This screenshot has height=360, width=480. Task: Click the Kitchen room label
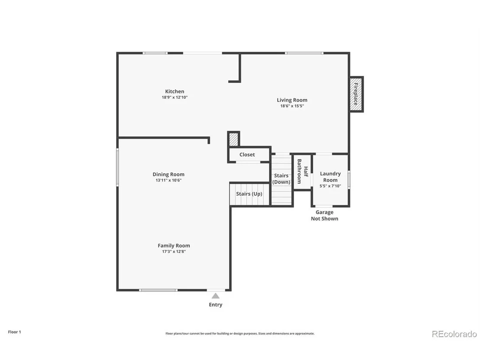tap(175, 91)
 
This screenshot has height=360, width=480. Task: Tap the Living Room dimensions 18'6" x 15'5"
tap(292, 106)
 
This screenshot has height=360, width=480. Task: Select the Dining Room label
tap(169, 174)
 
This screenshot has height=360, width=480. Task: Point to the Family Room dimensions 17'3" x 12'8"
tap(174, 252)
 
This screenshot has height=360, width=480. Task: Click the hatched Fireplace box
tap(357, 94)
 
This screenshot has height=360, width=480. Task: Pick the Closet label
tap(247, 155)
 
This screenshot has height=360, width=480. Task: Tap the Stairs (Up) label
tap(249, 194)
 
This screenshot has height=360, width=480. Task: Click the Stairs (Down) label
tap(281, 179)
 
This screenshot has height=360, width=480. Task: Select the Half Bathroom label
tap(302, 171)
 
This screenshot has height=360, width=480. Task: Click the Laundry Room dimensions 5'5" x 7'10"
tap(330, 186)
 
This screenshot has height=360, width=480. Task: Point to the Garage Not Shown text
tap(324, 215)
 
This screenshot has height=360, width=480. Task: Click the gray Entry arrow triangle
tap(215, 296)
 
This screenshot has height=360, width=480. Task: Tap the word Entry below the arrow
tap(215, 305)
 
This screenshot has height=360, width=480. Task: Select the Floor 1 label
tap(14, 332)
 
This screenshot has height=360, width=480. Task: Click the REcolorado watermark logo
tap(454, 334)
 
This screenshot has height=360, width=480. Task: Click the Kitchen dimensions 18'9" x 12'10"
tap(175, 97)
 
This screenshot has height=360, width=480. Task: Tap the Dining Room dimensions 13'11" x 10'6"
tap(169, 180)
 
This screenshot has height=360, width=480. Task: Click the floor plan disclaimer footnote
tap(240, 334)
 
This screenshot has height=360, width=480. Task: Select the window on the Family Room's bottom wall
tap(158, 290)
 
